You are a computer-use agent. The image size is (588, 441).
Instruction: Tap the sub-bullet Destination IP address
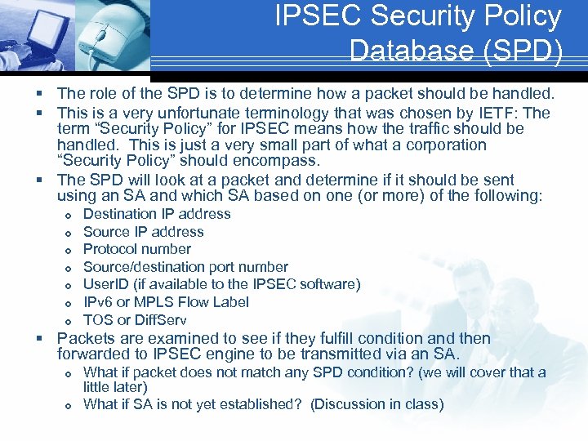point(157,214)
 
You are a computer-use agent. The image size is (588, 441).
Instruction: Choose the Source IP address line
point(143,232)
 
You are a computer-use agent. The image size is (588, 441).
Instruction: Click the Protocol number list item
point(137,249)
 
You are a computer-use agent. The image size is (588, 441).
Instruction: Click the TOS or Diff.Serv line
point(135,320)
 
